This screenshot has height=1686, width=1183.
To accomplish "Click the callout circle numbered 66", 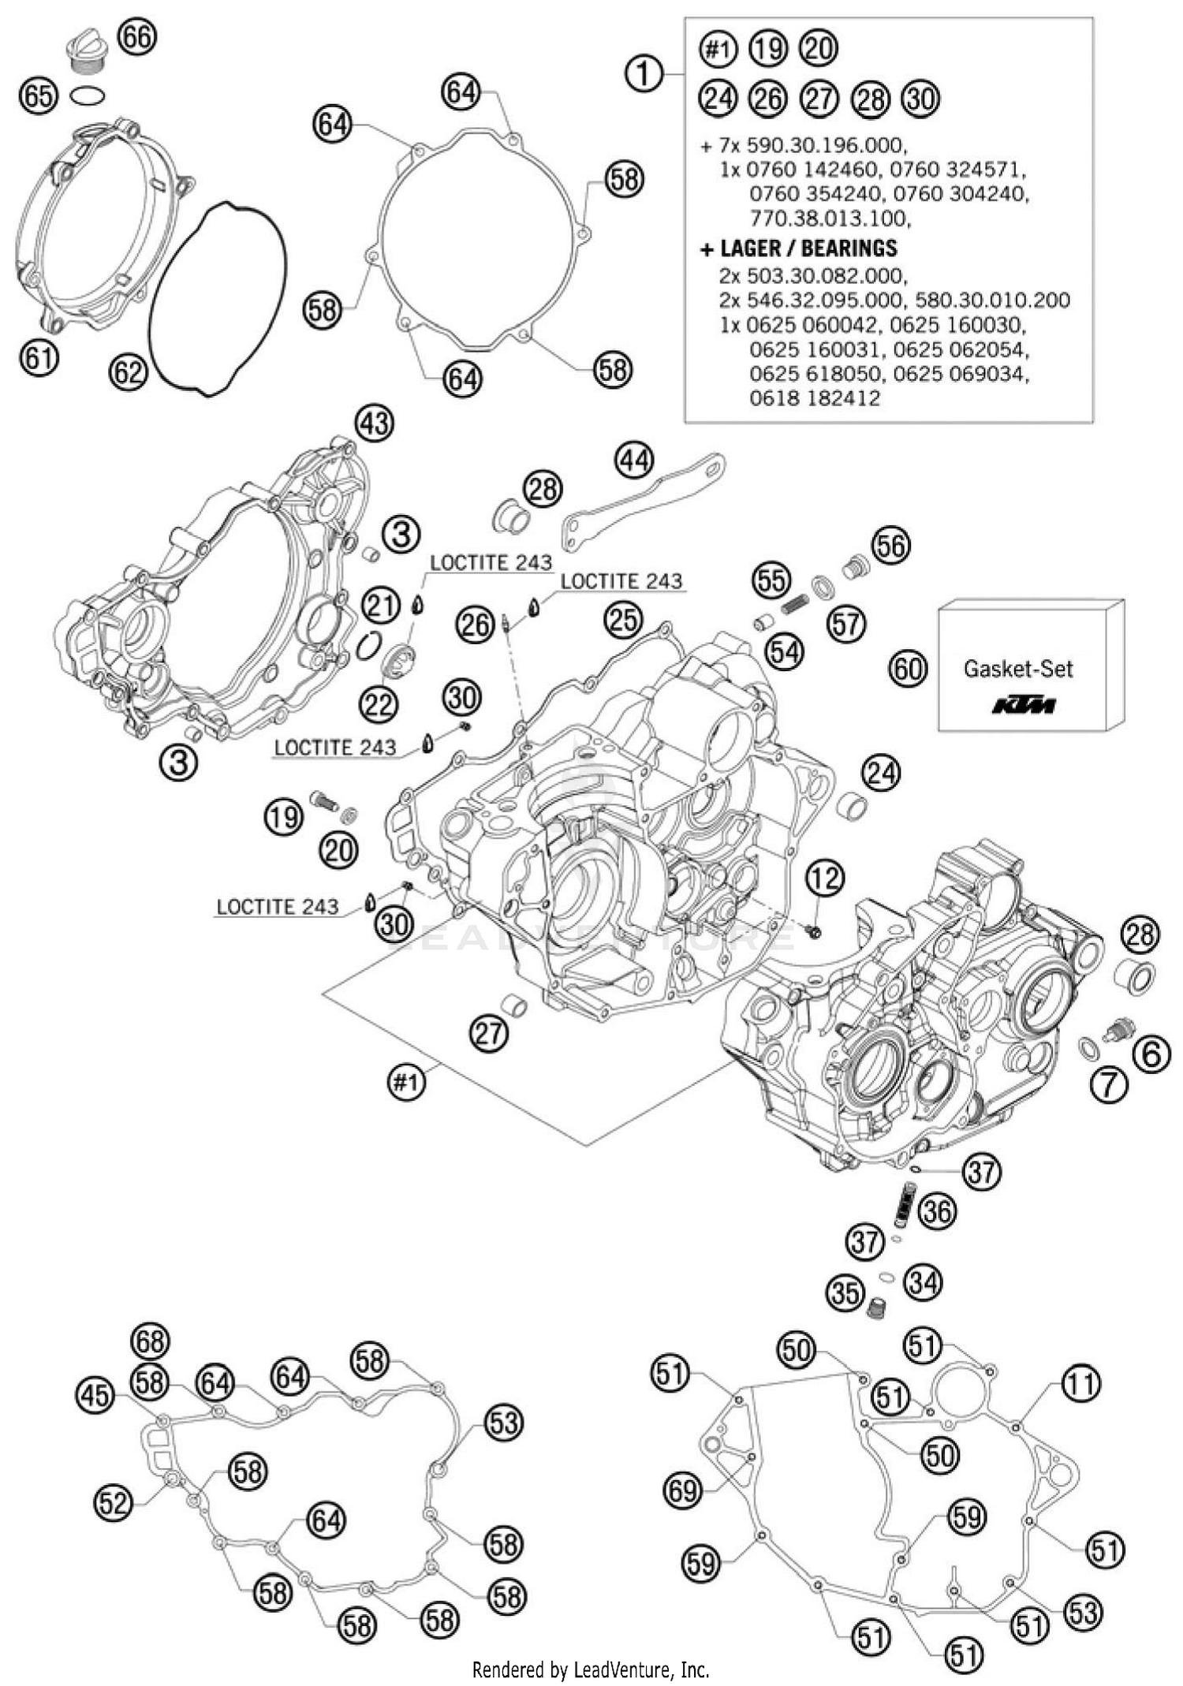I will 137,37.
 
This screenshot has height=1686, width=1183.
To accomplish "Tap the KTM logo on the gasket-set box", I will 1023,704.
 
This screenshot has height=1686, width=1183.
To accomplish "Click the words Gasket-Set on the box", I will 1017,670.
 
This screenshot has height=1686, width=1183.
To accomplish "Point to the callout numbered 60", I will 908,669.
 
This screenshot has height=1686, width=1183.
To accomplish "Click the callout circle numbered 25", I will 623,621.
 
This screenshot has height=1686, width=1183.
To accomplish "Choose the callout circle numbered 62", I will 129,371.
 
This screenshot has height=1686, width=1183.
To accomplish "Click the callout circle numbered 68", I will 151,1340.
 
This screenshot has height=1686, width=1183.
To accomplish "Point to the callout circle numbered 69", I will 683,1490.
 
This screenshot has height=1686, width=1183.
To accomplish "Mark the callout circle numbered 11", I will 1081,1382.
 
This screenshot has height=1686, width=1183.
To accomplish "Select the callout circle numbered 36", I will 937,1210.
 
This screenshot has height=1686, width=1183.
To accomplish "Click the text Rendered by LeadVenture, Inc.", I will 591,1669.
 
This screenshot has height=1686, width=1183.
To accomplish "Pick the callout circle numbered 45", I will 95,1395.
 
